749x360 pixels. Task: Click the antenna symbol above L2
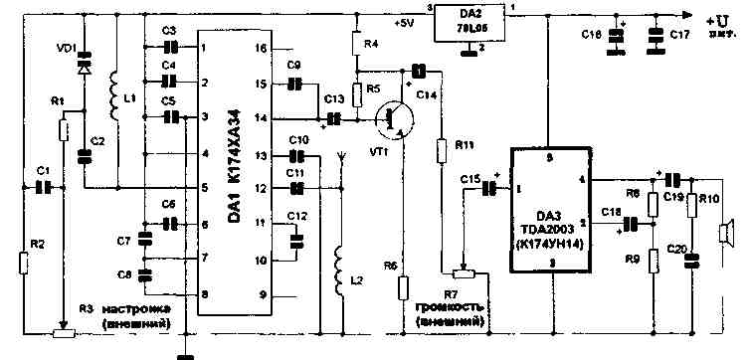tap(341, 159)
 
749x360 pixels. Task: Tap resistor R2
tap(23, 264)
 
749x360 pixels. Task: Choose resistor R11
tap(441, 149)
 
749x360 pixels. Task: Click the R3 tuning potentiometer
tap(62, 331)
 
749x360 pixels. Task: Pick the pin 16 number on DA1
tap(260, 48)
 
